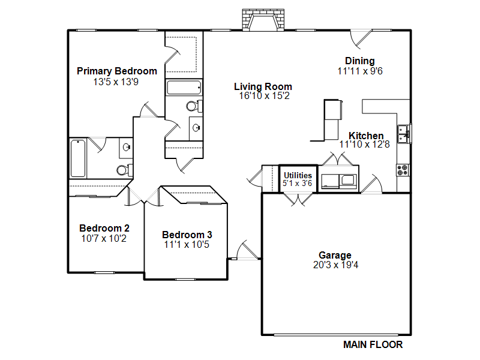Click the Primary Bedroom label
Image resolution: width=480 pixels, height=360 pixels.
coord(116,71)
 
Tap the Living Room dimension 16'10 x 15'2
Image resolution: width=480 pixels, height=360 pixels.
coord(264,96)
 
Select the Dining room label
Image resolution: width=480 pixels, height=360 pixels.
coord(359,61)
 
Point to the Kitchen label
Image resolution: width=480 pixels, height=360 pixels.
coord(366,136)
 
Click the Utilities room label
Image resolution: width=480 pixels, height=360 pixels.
coord(298,175)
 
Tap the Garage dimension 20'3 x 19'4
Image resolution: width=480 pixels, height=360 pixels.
coord(335,265)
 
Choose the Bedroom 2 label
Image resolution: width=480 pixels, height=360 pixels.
coord(104,228)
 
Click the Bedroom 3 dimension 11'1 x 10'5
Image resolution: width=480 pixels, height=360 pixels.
coord(187,245)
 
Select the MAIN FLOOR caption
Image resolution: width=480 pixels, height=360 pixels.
coord(373,344)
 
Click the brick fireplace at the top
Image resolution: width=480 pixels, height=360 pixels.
coord(263,20)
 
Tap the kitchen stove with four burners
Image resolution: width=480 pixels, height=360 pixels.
coord(403,170)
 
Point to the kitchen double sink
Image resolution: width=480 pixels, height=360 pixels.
coord(404,134)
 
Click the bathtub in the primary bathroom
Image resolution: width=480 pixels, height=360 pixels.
coord(78,158)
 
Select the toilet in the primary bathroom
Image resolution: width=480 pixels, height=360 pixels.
coord(125,169)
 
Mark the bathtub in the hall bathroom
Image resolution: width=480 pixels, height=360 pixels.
coord(184,88)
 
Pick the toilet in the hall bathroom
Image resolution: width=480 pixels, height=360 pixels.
coord(194,106)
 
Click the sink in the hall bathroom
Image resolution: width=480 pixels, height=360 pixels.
coord(196,128)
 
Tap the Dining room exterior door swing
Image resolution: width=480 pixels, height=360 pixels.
coord(361,39)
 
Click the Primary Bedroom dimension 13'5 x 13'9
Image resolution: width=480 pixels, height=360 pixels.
coord(116,82)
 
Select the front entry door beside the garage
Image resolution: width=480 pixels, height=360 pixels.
coord(248,250)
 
